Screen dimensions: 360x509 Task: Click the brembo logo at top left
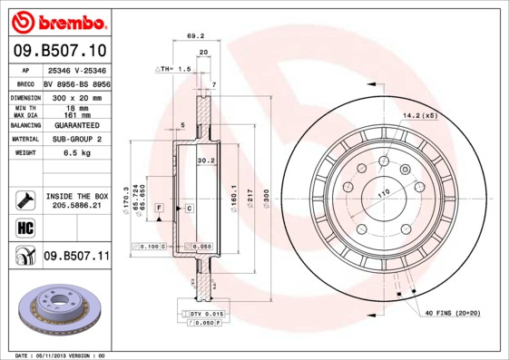click(x=57, y=19)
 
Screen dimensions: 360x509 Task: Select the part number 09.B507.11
click(x=76, y=258)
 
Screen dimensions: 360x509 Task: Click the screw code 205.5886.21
click(x=77, y=206)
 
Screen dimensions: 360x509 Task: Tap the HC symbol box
click(x=25, y=227)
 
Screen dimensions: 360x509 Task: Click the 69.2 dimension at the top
click(x=191, y=36)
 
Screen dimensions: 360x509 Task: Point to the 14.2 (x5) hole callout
click(x=419, y=114)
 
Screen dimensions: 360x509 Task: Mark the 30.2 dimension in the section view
click(x=206, y=161)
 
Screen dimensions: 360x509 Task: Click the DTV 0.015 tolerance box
click(x=206, y=313)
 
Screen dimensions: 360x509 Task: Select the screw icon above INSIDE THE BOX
click(x=25, y=197)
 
